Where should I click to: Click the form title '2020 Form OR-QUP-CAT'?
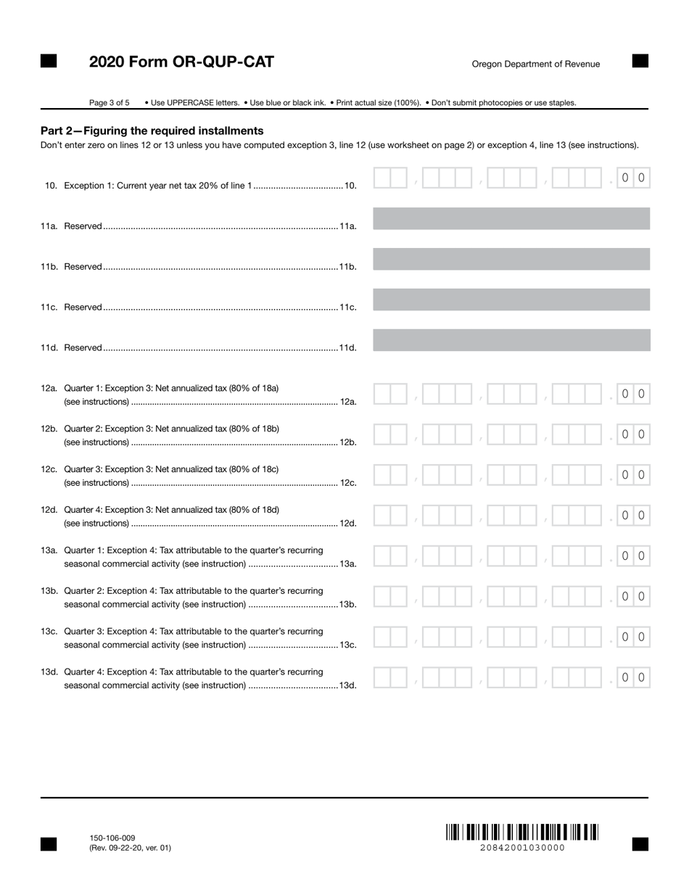(x=181, y=62)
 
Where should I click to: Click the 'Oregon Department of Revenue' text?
(x=536, y=64)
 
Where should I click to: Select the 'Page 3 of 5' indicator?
(x=110, y=103)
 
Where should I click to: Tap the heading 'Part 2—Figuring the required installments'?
(x=152, y=131)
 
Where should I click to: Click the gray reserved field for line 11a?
(x=511, y=218)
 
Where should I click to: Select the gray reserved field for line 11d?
(x=511, y=340)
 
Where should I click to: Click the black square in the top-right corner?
(x=640, y=61)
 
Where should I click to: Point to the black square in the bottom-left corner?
(x=49, y=843)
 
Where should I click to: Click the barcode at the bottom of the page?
(x=521, y=832)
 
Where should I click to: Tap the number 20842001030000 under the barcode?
(x=521, y=848)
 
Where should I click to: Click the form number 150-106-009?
(x=112, y=838)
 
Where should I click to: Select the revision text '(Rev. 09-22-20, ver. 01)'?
(x=131, y=848)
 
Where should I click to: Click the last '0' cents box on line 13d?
(x=641, y=677)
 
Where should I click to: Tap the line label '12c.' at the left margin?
(x=49, y=469)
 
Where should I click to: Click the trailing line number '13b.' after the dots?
(x=348, y=604)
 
